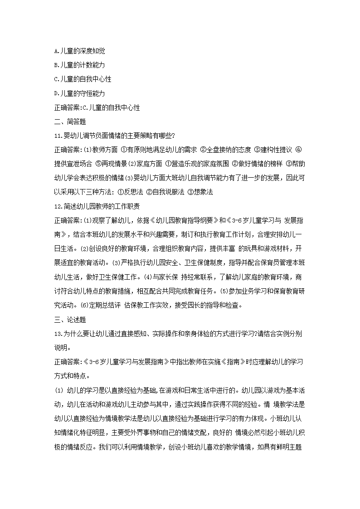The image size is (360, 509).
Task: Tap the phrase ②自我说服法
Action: (x=167, y=192)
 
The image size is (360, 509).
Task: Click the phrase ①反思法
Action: (x=132, y=192)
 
